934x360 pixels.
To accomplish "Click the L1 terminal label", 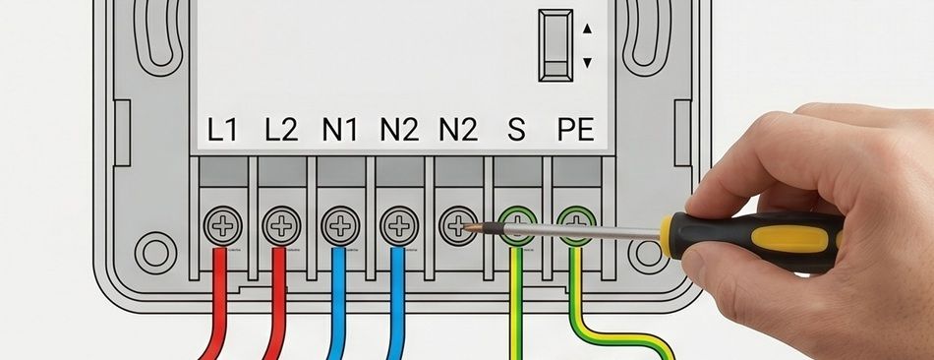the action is (221, 129).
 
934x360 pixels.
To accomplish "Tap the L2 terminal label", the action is (280, 129).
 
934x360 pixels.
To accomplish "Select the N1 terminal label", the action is (339, 129).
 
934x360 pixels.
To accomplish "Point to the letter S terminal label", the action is (516, 129).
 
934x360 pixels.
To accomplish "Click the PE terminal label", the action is (576, 129).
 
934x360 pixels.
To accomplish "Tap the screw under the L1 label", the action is (223, 226).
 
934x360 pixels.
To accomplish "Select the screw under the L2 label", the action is (281, 226).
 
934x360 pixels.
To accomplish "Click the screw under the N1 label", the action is (340, 226).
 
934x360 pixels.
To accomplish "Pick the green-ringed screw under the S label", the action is (517, 226).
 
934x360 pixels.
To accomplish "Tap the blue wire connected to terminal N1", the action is (338, 304).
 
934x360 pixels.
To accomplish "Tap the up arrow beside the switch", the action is (587, 28).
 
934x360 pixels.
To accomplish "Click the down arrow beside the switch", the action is (587, 62).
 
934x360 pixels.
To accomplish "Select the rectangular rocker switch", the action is (555, 44).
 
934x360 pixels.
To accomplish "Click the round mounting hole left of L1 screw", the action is (155, 253).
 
